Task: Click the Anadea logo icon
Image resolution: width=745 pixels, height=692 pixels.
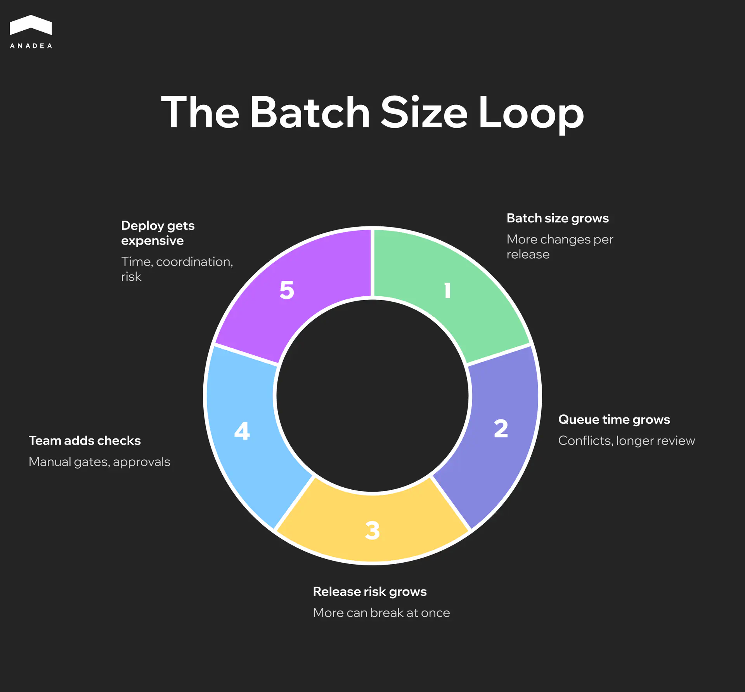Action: pos(31,25)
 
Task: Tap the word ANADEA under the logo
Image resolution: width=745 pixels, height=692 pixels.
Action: pos(31,46)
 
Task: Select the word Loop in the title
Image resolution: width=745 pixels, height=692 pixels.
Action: pos(531,113)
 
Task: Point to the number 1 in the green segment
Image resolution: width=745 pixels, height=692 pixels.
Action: pos(447,290)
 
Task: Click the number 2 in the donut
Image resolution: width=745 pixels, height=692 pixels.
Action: pos(501,429)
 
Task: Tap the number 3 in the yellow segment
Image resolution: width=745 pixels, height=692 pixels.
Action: pos(372,530)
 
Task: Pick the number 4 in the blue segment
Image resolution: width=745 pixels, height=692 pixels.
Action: pos(242,431)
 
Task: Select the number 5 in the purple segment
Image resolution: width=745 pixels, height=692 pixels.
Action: pos(287,290)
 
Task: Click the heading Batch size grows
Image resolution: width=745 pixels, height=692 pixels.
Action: pos(558,218)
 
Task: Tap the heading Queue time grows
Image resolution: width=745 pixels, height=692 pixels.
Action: pos(614,419)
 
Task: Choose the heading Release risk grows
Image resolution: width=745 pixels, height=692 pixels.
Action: pos(369,591)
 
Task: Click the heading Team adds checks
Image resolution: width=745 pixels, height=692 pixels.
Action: pos(85,441)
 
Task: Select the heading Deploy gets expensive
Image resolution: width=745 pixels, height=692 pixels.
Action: pos(158,233)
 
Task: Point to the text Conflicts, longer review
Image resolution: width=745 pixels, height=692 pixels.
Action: pos(626,441)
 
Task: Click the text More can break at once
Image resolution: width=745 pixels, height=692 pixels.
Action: pos(381,613)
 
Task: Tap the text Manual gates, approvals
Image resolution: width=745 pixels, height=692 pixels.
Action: pos(99,462)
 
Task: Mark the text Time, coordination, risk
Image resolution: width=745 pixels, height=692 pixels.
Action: pos(177,269)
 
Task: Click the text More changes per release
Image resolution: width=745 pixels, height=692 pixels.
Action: pos(560,247)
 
